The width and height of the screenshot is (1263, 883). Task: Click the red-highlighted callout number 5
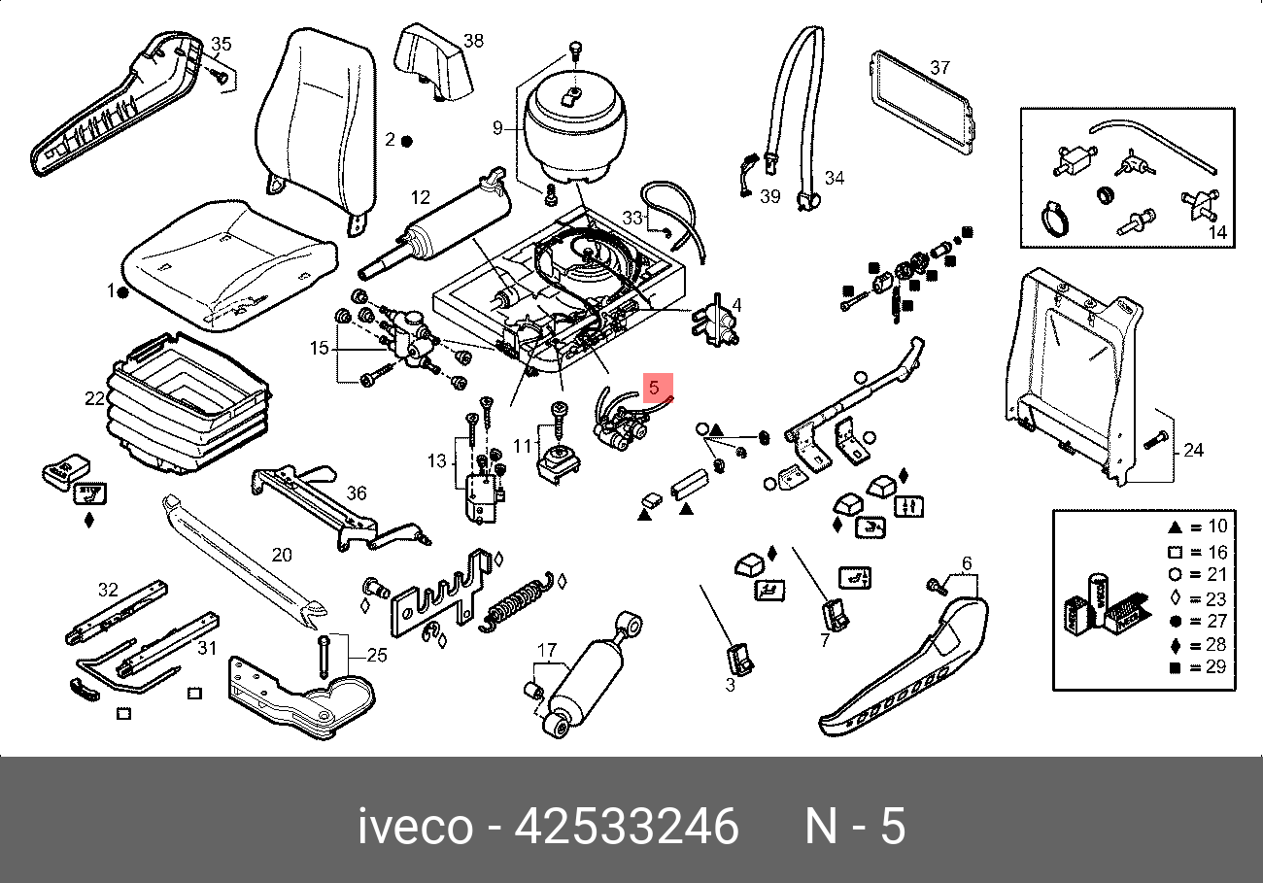[654, 388]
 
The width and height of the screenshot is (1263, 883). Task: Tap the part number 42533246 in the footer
[627, 827]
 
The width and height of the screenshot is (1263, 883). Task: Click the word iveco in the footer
[416, 827]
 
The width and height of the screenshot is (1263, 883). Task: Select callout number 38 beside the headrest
[474, 41]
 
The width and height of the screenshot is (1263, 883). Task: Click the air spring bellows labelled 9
[574, 127]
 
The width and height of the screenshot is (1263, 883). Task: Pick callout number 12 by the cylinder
[421, 197]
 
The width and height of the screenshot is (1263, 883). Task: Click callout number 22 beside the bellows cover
[95, 398]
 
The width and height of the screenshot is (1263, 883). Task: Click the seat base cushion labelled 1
[228, 265]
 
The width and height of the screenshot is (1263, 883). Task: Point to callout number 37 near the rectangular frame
[939, 68]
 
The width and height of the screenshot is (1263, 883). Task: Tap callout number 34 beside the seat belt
[835, 178]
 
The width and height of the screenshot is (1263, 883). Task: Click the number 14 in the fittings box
[1218, 232]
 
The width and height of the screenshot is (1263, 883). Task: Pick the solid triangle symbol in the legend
[1175, 527]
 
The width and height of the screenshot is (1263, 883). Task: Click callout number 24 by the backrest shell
[1193, 450]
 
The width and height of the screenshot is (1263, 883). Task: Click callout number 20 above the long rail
[282, 555]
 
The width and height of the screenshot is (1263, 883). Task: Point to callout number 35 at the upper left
[222, 44]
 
